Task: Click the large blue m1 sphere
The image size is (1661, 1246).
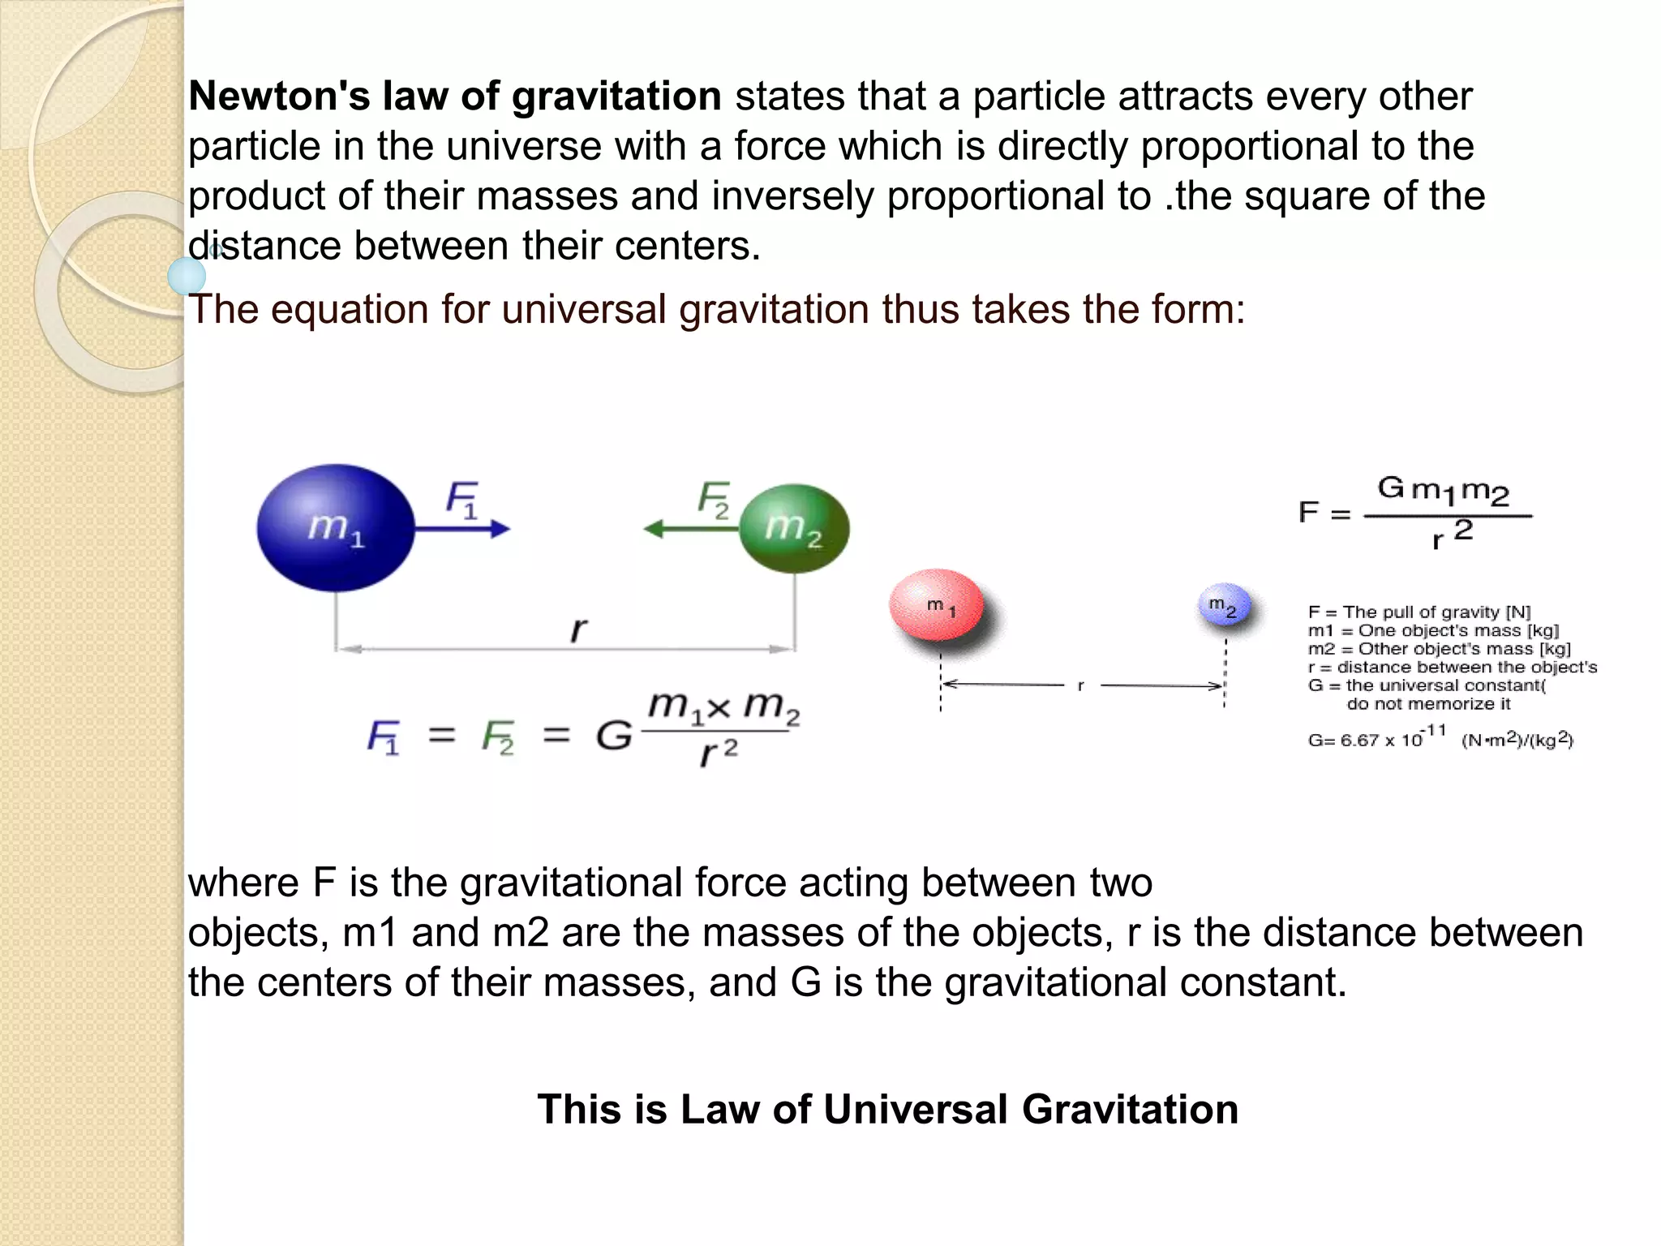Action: (x=336, y=527)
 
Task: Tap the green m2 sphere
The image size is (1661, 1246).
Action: (x=794, y=528)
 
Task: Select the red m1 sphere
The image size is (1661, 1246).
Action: (x=937, y=606)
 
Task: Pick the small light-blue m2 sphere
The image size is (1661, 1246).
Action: (x=1223, y=605)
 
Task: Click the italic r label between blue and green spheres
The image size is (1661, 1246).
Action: (x=577, y=629)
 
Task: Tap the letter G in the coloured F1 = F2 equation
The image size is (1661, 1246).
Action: (x=613, y=737)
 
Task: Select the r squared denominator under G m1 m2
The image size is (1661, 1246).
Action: (x=1452, y=535)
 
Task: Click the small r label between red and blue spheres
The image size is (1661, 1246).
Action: (x=1081, y=686)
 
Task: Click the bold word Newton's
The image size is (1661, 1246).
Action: (x=279, y=96)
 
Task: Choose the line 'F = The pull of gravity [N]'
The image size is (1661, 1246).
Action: (x=1419, y=612)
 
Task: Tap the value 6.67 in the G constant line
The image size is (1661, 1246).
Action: (x=1359, y=740)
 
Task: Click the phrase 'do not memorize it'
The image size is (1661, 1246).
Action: (x=1428, y=703)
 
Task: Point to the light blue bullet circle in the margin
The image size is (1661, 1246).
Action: (x=187, y=277)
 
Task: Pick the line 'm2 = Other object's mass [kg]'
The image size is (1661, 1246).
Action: (x=1439, y=648)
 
